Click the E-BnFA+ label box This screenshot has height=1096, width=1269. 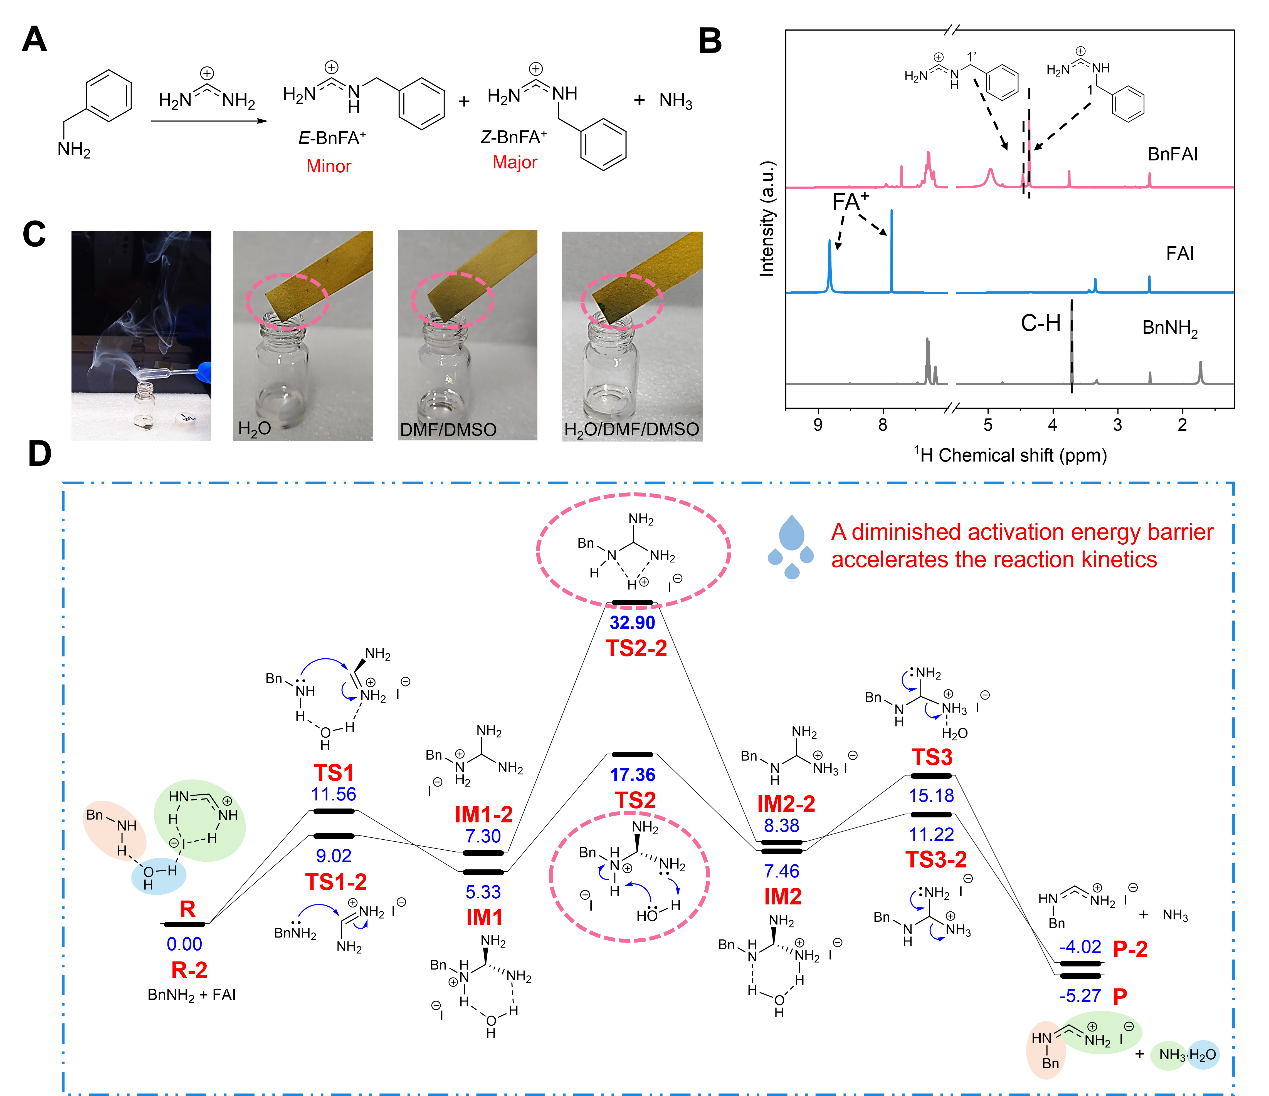coord(332,138)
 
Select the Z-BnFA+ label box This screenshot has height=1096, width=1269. coord(513,137)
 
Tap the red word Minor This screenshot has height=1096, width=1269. coord(329,167)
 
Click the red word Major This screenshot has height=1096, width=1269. coord(515,163)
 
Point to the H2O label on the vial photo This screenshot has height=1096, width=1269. coord(254,429)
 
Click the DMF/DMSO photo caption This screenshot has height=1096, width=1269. coord(448,430)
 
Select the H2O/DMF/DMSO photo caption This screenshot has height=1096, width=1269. coord(631,430)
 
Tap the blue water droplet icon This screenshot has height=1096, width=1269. coord(790,547)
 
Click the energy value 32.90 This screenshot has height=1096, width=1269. coord(632,623)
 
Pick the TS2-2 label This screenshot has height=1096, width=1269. coord(636,648)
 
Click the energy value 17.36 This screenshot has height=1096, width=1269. coord(632,775)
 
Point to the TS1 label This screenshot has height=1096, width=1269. coord(334,773)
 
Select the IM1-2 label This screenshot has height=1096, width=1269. coord(484,815)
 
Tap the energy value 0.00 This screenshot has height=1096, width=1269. coord(185,944)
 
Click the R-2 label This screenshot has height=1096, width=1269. coord(189,970)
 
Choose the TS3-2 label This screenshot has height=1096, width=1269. coord(936,860)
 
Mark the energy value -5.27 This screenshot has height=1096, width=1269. coord(1080,996)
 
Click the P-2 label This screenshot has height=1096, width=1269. coord(1130,949)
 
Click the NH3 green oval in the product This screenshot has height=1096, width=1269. coord(1169,1055)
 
